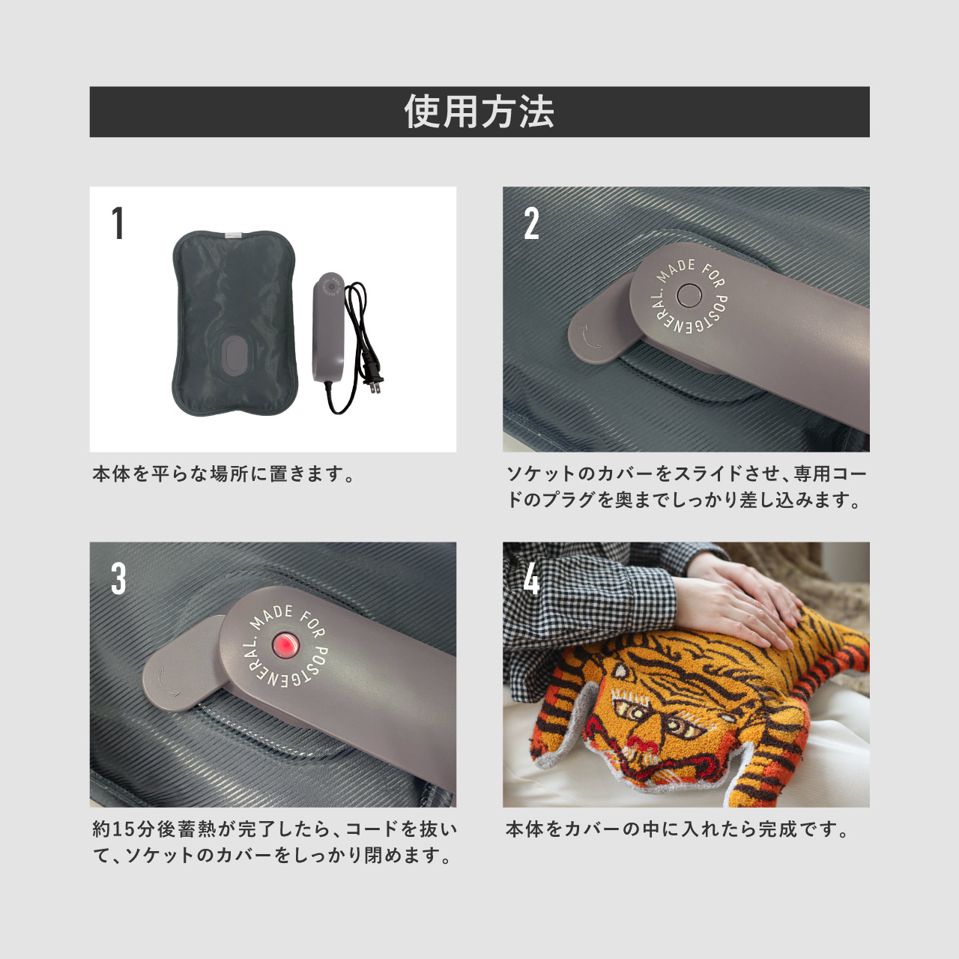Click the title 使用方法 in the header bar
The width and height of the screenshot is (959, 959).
pyautogui.click(x=479, y=112)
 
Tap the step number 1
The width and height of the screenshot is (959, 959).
pyautogui.click(x=118, y=223)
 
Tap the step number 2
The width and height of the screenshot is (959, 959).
pyautogui.click(x=531, y=223)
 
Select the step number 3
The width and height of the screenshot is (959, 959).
pyautogui.click(x=118, y=578)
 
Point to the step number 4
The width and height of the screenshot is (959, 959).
pyautogui.click(x=531, y=578)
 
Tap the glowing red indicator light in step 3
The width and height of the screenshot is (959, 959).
pyautogui.click(x=285, y=645)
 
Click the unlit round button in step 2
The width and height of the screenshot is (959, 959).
pyautogui.click(x=688, y=296)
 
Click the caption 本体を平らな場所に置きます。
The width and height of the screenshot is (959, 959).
pyautogui.click(x=224, y=474)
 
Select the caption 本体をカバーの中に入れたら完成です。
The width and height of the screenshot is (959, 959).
pyautogui.click(x=678, y=829)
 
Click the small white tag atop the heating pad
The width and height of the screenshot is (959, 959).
pyautogui.click(x=233, y=235)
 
